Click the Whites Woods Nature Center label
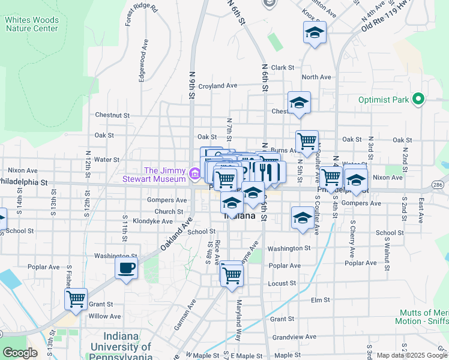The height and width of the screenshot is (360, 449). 32,24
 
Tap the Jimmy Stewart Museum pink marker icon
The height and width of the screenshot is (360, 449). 194,175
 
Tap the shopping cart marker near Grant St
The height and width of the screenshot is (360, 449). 76,298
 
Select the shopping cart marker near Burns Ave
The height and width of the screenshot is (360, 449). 307,142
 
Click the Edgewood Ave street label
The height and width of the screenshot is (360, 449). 143,61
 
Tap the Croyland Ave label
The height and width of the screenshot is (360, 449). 218,86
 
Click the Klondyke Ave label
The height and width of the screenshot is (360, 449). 152,221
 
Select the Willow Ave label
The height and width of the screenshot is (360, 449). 104,316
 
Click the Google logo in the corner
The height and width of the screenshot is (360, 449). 20,353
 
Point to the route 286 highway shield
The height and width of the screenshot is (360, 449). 440,185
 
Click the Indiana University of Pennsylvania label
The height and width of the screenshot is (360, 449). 122,347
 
